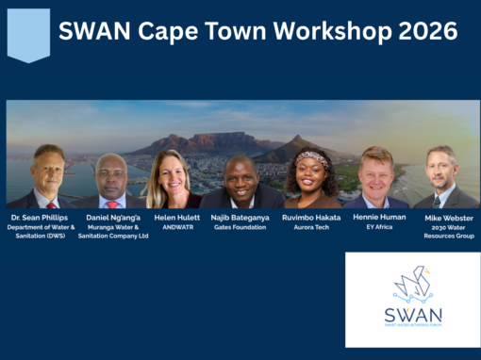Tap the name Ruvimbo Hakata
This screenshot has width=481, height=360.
[x=310, y=218]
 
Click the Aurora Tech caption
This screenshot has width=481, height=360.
[x=310, y=227]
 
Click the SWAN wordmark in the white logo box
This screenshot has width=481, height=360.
[x=413, y=315]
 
